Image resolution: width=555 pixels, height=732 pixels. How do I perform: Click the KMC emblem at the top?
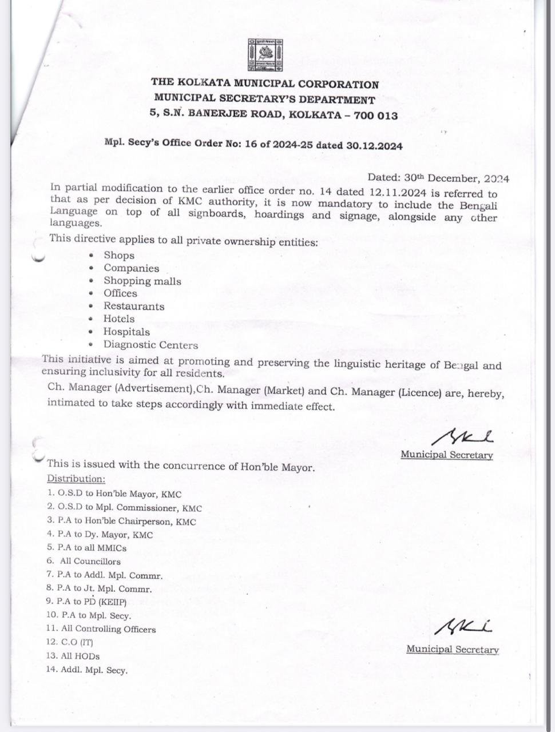pos(265,55)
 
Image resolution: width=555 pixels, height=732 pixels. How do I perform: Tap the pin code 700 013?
pos(375,116)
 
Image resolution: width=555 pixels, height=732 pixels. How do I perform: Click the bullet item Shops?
pos(119,256)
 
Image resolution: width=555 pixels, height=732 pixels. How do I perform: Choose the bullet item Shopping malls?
pos(142,281)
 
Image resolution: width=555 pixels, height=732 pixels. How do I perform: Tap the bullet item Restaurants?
pos(134,306)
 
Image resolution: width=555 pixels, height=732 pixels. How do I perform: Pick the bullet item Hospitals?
pos(126,332)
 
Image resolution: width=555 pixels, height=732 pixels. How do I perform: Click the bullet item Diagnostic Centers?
pos(150,345)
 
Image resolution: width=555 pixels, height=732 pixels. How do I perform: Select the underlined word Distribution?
pos(76,479)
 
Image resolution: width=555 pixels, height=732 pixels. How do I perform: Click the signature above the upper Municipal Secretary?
pos(462,438)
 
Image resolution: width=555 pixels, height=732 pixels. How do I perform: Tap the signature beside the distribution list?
pos(463,627)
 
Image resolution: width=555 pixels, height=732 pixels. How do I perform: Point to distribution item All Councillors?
pos(90,561)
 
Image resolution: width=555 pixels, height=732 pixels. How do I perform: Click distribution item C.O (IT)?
pos(70,642)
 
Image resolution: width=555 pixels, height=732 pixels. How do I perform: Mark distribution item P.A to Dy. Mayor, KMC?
pos(100,535)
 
